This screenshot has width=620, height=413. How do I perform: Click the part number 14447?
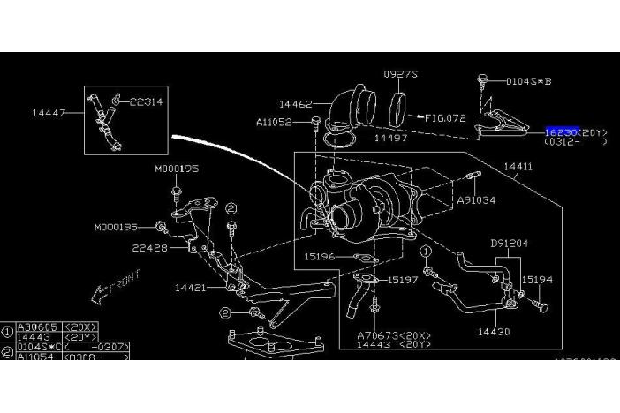[x=48, y=114]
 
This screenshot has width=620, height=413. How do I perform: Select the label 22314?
[x=147, y=102]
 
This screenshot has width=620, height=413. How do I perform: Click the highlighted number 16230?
[x=562, y=131]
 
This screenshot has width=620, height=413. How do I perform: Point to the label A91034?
[x=476, y=200]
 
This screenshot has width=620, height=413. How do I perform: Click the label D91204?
[x=509, y=243]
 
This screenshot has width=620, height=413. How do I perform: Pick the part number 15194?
[x=537, y=279]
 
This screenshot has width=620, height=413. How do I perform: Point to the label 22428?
[x=150, y=248]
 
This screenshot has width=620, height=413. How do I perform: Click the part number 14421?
[x=192, y=287]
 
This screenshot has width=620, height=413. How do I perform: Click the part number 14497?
[x=389, y=139]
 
